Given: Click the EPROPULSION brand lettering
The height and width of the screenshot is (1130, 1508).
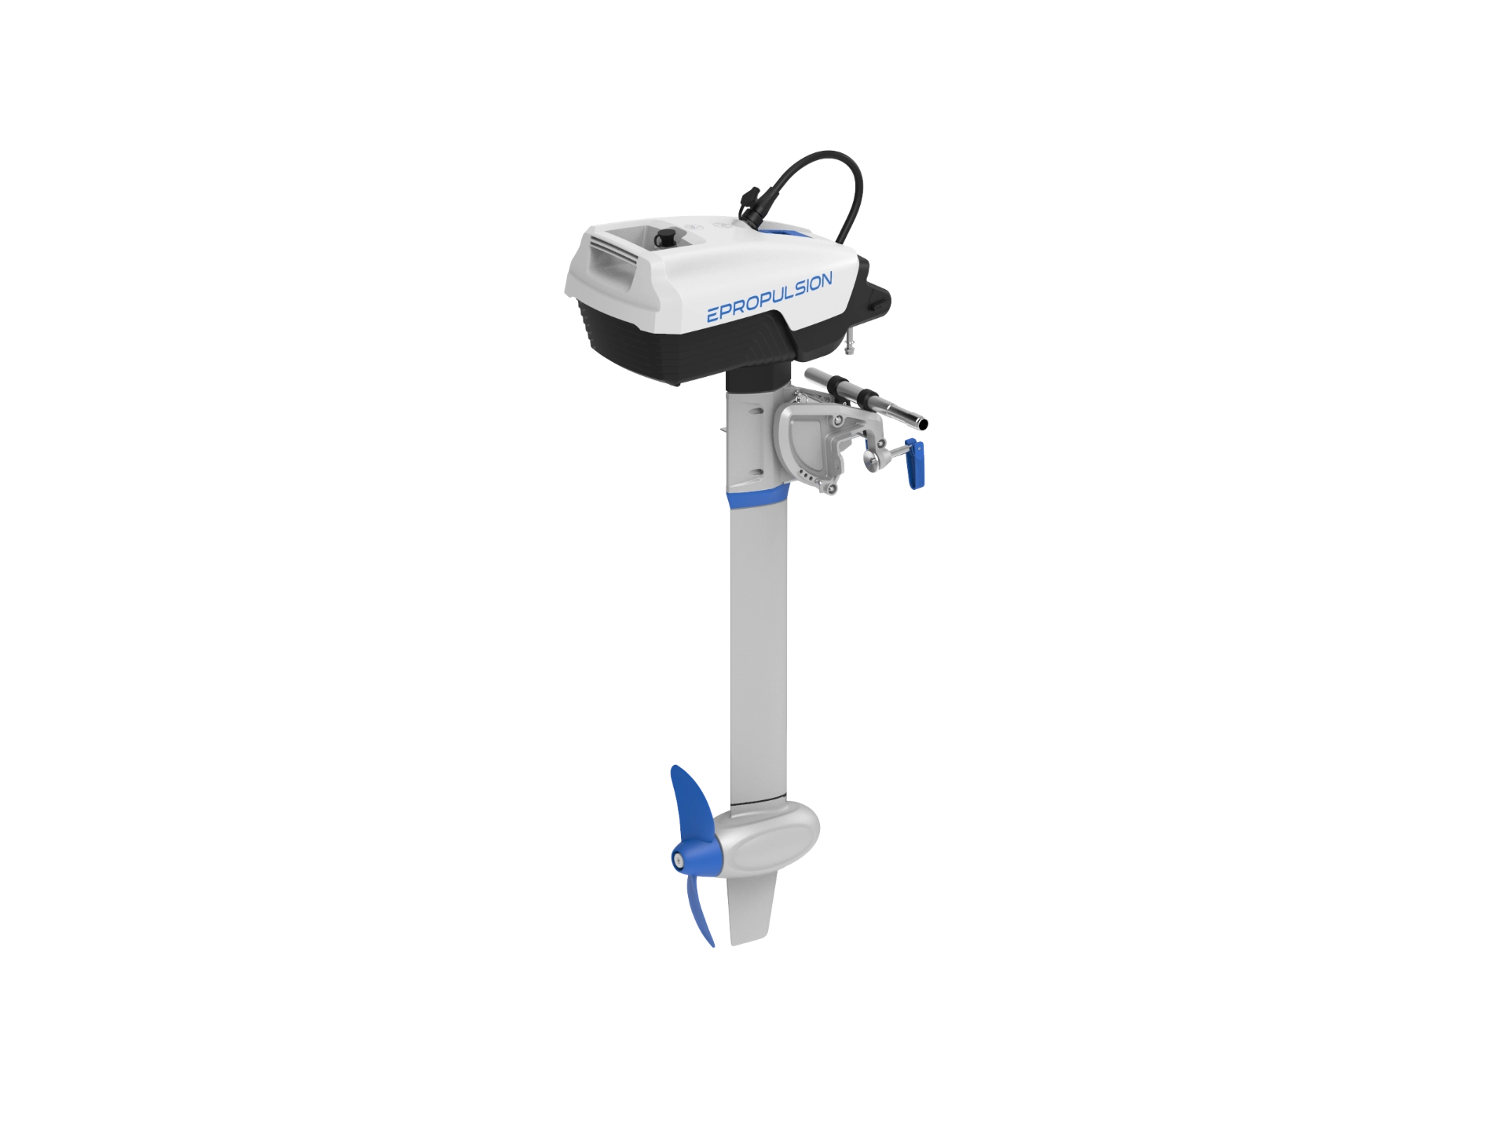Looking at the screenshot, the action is tap(770, 298).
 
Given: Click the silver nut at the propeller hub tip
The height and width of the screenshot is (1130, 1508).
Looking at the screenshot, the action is tap(677, 861).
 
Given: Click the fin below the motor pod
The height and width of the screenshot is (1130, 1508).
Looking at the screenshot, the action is tap(755, 915).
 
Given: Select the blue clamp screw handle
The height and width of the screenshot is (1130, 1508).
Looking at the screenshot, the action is tap(915, 464).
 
